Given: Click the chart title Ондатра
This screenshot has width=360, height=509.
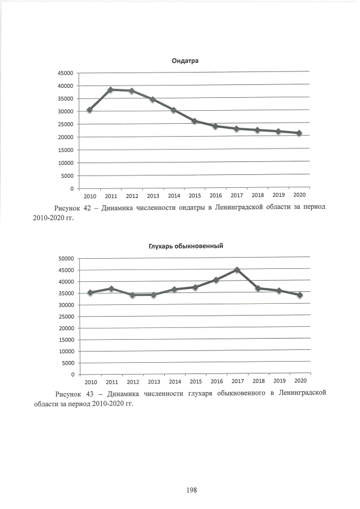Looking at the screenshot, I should tap(185, 61).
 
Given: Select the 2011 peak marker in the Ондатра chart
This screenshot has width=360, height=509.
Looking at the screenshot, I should tap(110, 89).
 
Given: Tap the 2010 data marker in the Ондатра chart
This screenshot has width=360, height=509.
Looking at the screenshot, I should tap(89, 110).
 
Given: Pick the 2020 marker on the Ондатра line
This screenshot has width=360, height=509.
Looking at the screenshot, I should tap(299, 133).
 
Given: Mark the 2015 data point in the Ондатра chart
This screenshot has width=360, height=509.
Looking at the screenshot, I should tap(194, 121).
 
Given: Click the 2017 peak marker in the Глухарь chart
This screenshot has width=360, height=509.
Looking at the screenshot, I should tap(237, 270).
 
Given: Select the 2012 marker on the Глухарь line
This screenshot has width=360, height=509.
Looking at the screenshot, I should tap(132, 295).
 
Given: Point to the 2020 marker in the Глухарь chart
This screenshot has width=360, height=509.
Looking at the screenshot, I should tap(300, 295).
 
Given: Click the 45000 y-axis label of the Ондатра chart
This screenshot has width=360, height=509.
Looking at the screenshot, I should tap(65, 73).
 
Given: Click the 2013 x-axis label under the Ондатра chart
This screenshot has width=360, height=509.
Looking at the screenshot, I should tap(152, 196).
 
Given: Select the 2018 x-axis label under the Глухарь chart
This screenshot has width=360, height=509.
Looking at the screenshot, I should tap(258, 381).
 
